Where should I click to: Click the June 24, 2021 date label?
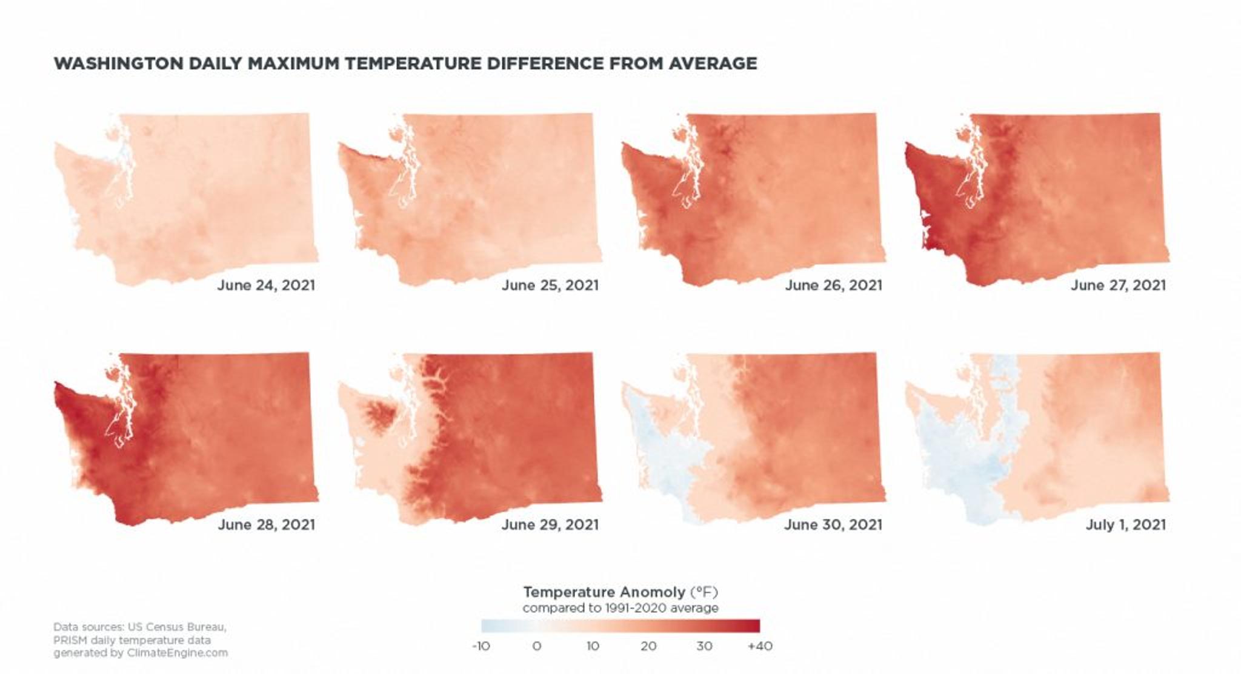pyautogui.click(x=266, y=285)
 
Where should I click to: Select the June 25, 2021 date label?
pyautogui.click(x=550, y=285)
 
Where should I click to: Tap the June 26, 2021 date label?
pyautogui.click(x=833, y=285)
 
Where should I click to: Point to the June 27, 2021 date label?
pyautogui.click(x=1117, y=285)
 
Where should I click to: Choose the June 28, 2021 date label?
pyautogui.click(x=266, y=524)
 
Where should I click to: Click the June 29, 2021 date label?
pyautogui.click(x=550, y=524)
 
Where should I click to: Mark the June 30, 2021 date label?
pyautogui.click(x=833, y=524)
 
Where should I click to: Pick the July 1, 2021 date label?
pyautogui.click(x=1125, y=524)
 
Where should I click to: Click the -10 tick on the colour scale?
pyautogui.click(x=481, y=646)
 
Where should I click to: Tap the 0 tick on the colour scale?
pyautogui.click(x=536, y=646)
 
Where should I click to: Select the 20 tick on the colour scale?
pyautogui.click(x=648, y=646)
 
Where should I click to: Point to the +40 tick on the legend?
pyautogui.click(x=760, y=646)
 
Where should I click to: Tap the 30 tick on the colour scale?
pyautogui.click(x=704, y=646)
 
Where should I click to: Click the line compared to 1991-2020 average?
pyautogui.click(x=620, y=608)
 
